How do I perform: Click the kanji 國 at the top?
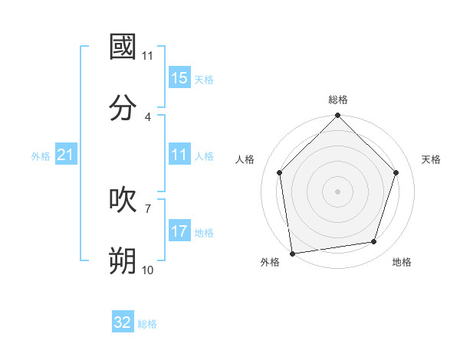[x=123, y=47]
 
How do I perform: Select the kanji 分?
[x=123, y=107]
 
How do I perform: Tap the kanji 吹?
[x=123, y=199]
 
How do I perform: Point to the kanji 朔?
[x=123, y=260]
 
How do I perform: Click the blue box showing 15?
[x=179, y=78]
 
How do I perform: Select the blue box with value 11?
[x=179, y=155]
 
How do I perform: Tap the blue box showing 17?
[x=179, y=231]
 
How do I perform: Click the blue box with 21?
[x=66, y=155]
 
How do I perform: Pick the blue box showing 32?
[x=123, y=322]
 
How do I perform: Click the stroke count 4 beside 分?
[x=148, y=116]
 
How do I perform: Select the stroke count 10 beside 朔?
[x=148, y=270]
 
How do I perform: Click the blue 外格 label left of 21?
[x=41, y=156]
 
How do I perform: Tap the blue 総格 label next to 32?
[x=147, y=324]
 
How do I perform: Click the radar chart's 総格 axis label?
[x=338, y=100]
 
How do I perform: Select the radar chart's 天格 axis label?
[x=432, y=159]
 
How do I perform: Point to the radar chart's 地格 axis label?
[x=402, y=263]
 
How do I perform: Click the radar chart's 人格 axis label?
[x=245, y=159]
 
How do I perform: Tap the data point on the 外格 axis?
[x=292, y=253]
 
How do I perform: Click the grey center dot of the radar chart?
[x=338, y=191]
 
